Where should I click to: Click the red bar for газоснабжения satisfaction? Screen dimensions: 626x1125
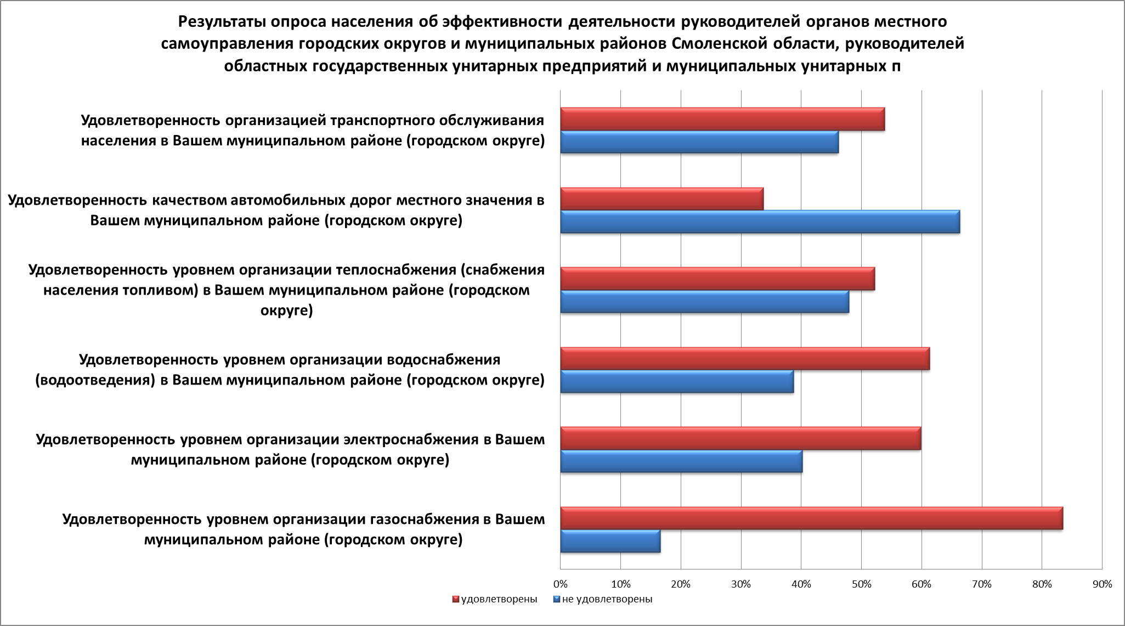click(811, 518)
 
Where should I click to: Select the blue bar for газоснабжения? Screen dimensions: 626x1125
click(610, 541)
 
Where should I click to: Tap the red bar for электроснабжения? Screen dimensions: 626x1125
click(740, 438)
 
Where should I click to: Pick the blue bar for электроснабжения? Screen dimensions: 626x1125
click(681, 461)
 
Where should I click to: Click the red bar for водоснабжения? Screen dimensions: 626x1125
click(745, 359)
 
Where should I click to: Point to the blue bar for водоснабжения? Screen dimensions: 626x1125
click(677, 381)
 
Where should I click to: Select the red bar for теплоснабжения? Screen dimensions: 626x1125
click(717, 279)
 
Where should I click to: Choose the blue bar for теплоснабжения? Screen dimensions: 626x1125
click(704, 302)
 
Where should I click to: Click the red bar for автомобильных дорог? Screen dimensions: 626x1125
click(662, 199)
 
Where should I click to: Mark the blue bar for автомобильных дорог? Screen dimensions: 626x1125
click(760, 222)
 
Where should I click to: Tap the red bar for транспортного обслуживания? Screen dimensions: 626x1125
click(722, 119)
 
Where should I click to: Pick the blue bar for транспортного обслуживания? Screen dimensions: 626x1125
click(699, 142)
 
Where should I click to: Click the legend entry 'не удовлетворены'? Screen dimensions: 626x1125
click(607, 599)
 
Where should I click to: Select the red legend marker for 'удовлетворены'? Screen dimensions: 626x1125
click(456, 599)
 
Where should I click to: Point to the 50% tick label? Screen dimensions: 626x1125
click(861, 585)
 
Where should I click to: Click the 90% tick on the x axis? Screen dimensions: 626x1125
click(1101, 585)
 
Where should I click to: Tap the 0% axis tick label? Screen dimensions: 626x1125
click(560, 585)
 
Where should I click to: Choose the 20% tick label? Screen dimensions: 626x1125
click(681, 585)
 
